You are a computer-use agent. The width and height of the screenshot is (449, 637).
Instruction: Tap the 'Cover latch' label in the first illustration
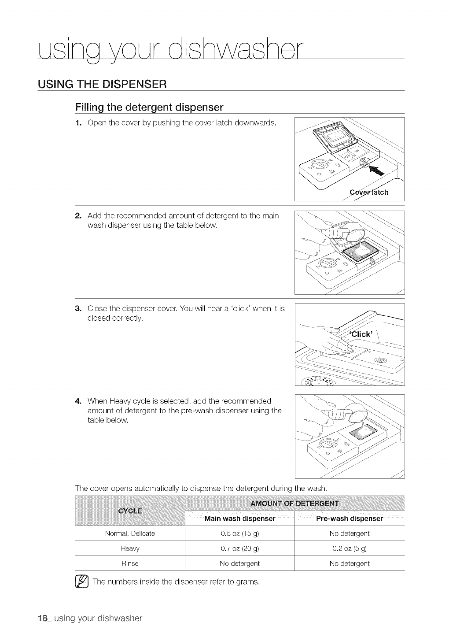pyautogui.click(x=369, y=193)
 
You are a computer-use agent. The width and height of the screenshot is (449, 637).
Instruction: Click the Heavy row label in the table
pyautogui.click(x=130, y=548)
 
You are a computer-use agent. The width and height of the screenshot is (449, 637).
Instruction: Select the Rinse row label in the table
pyautogui.click(x=130, y=563)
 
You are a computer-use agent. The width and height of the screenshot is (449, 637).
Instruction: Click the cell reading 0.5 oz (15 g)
pyautogui.click(x=240, y=533)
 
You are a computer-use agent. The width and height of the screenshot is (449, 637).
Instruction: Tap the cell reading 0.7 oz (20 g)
pyautogui.click(x=240, y=548)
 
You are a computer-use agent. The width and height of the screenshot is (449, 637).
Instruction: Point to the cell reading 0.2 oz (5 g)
pyautogui.click(x=350, y=548)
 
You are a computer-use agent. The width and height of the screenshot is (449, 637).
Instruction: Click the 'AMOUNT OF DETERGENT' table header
pyautogui.click(x=294, y=504)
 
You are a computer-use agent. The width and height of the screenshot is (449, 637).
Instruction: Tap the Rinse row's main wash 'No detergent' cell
pyautogui.click(x=240, y=563)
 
